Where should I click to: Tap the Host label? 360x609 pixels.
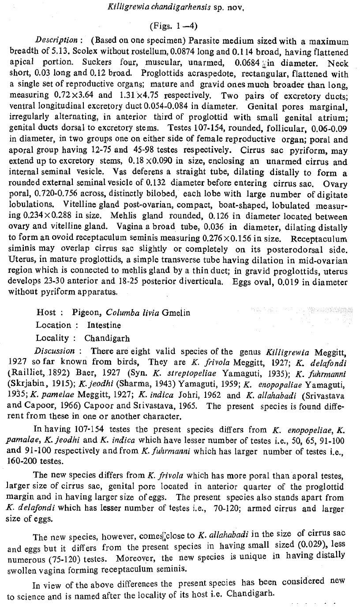pos(46,312)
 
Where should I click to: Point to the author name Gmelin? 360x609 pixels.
pos(176,312)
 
